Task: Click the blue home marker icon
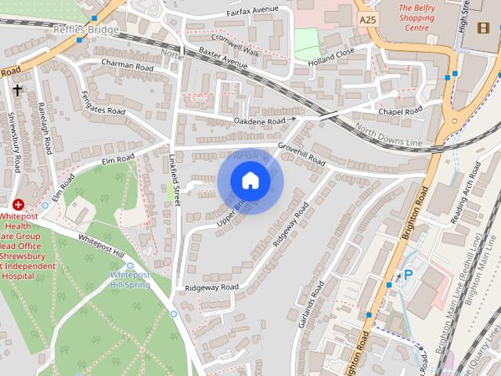tap(250, 180)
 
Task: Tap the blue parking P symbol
tap(407, 275)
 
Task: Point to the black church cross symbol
tap(17, 90)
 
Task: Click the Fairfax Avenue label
tap(252, 10)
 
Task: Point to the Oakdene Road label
tap(259, 121)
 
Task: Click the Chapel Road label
tap(400, 111)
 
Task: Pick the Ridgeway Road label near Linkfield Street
tap(211, 287)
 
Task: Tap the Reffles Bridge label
tap(86, 30)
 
